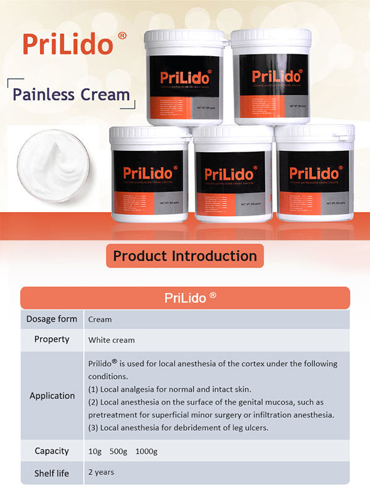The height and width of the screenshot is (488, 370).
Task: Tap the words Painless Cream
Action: point(72,94)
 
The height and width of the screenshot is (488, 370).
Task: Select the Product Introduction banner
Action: point(185,255)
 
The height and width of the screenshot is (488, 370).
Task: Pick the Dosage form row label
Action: point(52,319)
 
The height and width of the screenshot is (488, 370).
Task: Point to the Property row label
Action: point(52,340)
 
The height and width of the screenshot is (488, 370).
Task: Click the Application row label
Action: point(52,396)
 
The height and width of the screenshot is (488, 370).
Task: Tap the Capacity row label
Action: point(52,451)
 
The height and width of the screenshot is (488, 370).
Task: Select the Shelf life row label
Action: point(52,473)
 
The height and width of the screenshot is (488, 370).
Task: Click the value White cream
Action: point(111,340)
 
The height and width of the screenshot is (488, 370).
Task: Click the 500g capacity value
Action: point(118,452)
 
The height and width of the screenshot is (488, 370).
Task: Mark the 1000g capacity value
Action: point(146,452)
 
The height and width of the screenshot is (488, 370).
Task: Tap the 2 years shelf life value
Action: point(101,473)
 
